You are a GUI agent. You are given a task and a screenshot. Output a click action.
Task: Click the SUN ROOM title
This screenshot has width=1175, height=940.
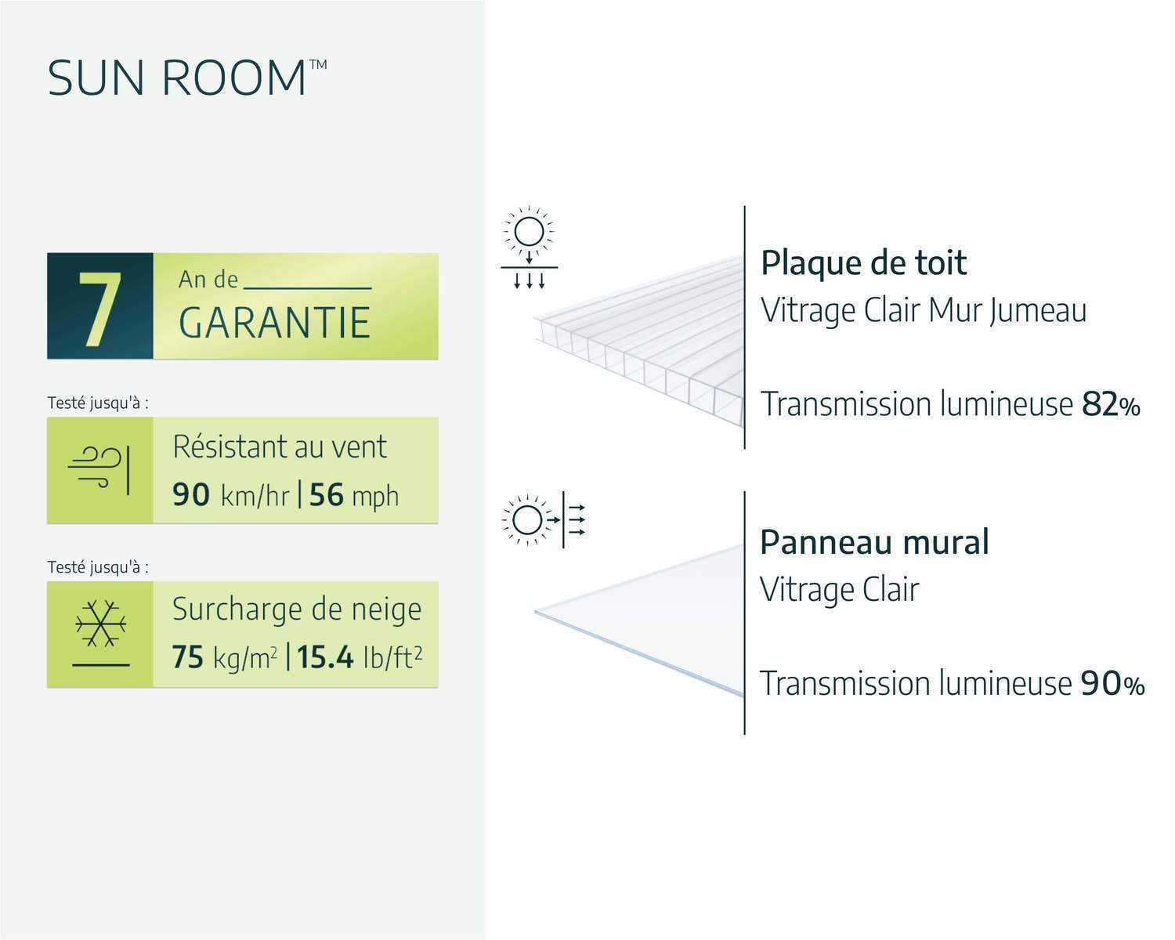187,77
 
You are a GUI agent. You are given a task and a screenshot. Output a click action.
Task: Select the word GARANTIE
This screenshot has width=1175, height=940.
274,322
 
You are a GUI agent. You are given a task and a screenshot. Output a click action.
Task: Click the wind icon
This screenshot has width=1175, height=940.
99,469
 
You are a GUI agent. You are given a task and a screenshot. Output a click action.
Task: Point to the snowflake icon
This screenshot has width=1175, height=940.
100,624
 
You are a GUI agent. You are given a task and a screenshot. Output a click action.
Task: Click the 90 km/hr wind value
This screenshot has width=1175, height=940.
230,495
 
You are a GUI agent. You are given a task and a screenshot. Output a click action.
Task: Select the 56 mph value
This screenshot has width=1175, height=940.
354,495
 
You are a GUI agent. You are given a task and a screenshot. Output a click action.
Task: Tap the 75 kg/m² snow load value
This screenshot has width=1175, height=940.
224,656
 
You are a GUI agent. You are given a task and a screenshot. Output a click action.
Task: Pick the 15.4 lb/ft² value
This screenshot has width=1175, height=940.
360,656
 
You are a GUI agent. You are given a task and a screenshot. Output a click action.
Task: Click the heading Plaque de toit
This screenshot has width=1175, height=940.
863,264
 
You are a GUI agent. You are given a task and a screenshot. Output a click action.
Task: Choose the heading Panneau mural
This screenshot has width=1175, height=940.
874,542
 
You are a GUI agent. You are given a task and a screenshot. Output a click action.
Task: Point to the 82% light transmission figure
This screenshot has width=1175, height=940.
1111,405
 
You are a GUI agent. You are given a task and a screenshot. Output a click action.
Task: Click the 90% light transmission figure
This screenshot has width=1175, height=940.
1112,684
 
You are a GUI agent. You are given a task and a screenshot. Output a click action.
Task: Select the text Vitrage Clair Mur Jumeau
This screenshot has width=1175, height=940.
924,311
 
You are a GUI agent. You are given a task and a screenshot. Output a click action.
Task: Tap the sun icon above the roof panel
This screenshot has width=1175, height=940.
529,232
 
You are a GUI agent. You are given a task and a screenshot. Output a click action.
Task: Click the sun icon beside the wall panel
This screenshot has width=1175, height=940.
527,520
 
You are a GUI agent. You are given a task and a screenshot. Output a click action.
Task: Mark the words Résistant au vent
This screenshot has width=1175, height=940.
280,446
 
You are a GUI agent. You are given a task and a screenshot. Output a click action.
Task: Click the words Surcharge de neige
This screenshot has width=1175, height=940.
297,609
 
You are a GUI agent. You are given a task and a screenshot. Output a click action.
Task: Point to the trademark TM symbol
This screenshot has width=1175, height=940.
318,64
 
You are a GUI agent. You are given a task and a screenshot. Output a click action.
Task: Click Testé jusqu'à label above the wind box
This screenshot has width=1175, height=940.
98,403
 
